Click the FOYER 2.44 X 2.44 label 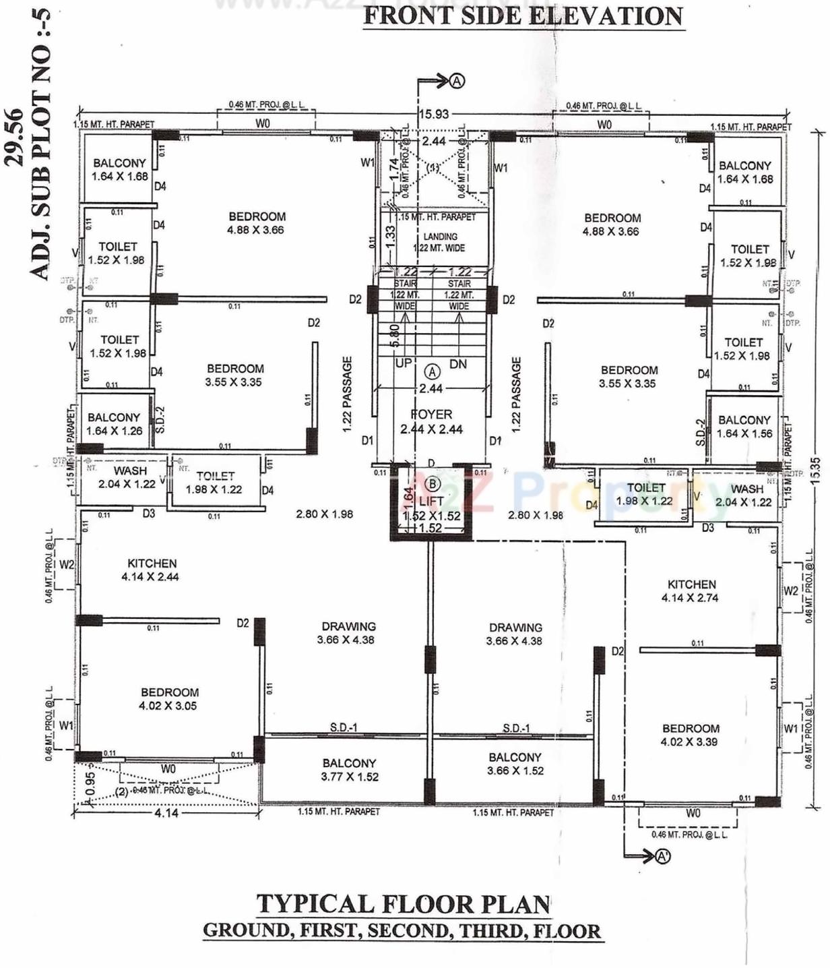click(431, 422)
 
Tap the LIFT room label click(431, 501)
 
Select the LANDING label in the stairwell click(440, 237)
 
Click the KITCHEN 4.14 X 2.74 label click(691, 591)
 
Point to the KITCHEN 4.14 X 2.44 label click(152, 570)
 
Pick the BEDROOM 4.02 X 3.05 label click(169, 699)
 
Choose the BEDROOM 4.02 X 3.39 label click(690, 735)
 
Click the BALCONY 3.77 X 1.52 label click(349, 770)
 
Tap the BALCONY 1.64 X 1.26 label click(114, 424)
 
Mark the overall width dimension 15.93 click(433, 114)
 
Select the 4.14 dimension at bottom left click(166, 813)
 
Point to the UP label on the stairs click(404, 363)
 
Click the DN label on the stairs click(458, 364)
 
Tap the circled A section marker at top click(457, 81)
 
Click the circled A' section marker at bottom click(663, 856)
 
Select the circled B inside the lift click(432, 483)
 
